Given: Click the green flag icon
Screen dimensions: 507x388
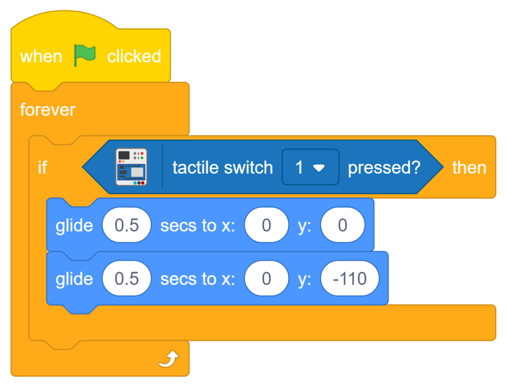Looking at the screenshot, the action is coord(85,55).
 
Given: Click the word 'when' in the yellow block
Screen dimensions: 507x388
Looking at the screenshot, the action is coord(41,56).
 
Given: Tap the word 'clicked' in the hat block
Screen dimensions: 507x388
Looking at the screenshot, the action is coord(134,56).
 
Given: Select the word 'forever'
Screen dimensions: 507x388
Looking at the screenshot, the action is coord(48,109).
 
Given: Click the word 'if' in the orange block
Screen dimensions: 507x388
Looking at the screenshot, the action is coord(43,167).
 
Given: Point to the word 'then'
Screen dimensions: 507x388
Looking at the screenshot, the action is coord(469,167).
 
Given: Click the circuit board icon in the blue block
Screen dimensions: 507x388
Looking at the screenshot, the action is coord(131,167).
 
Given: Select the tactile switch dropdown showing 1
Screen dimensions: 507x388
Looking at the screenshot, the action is coord(310,167).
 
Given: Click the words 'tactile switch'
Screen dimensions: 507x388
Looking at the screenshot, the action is coord(222,167).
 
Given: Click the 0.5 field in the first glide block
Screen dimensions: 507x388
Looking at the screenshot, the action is coord(127,225).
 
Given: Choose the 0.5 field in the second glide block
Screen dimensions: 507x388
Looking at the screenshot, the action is coord(127,279).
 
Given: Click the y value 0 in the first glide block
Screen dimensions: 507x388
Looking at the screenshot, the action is coord(343,225).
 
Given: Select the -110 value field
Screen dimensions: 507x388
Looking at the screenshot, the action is coord(350,279).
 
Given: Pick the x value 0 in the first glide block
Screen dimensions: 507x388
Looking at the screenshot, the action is coord(266,225).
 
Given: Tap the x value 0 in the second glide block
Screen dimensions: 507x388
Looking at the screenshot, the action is coord(266,279).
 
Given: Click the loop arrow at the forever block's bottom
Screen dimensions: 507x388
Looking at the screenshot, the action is coord(168,359).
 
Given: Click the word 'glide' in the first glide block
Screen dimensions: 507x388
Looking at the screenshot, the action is coord(74,225).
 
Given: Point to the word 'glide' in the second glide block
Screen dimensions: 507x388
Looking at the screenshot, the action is coord(74,279).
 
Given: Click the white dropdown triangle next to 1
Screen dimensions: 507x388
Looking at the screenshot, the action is coord(319,168).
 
